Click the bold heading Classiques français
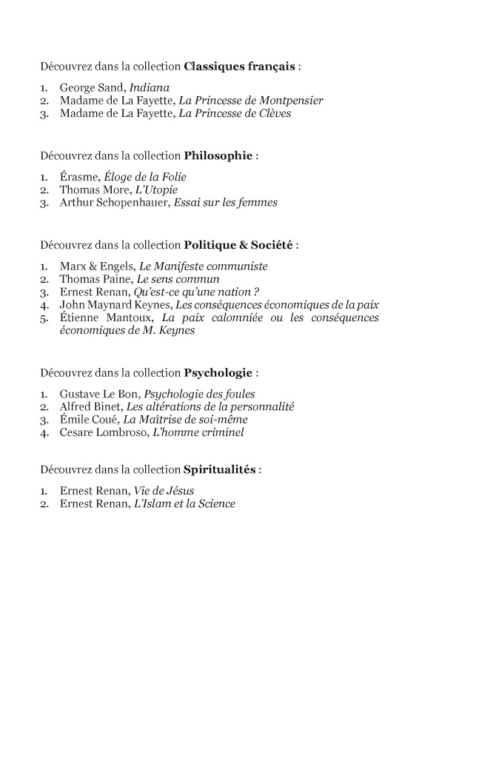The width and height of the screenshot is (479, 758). (x=239, y=66)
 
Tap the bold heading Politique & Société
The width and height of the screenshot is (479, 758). (x=239, y=244)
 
